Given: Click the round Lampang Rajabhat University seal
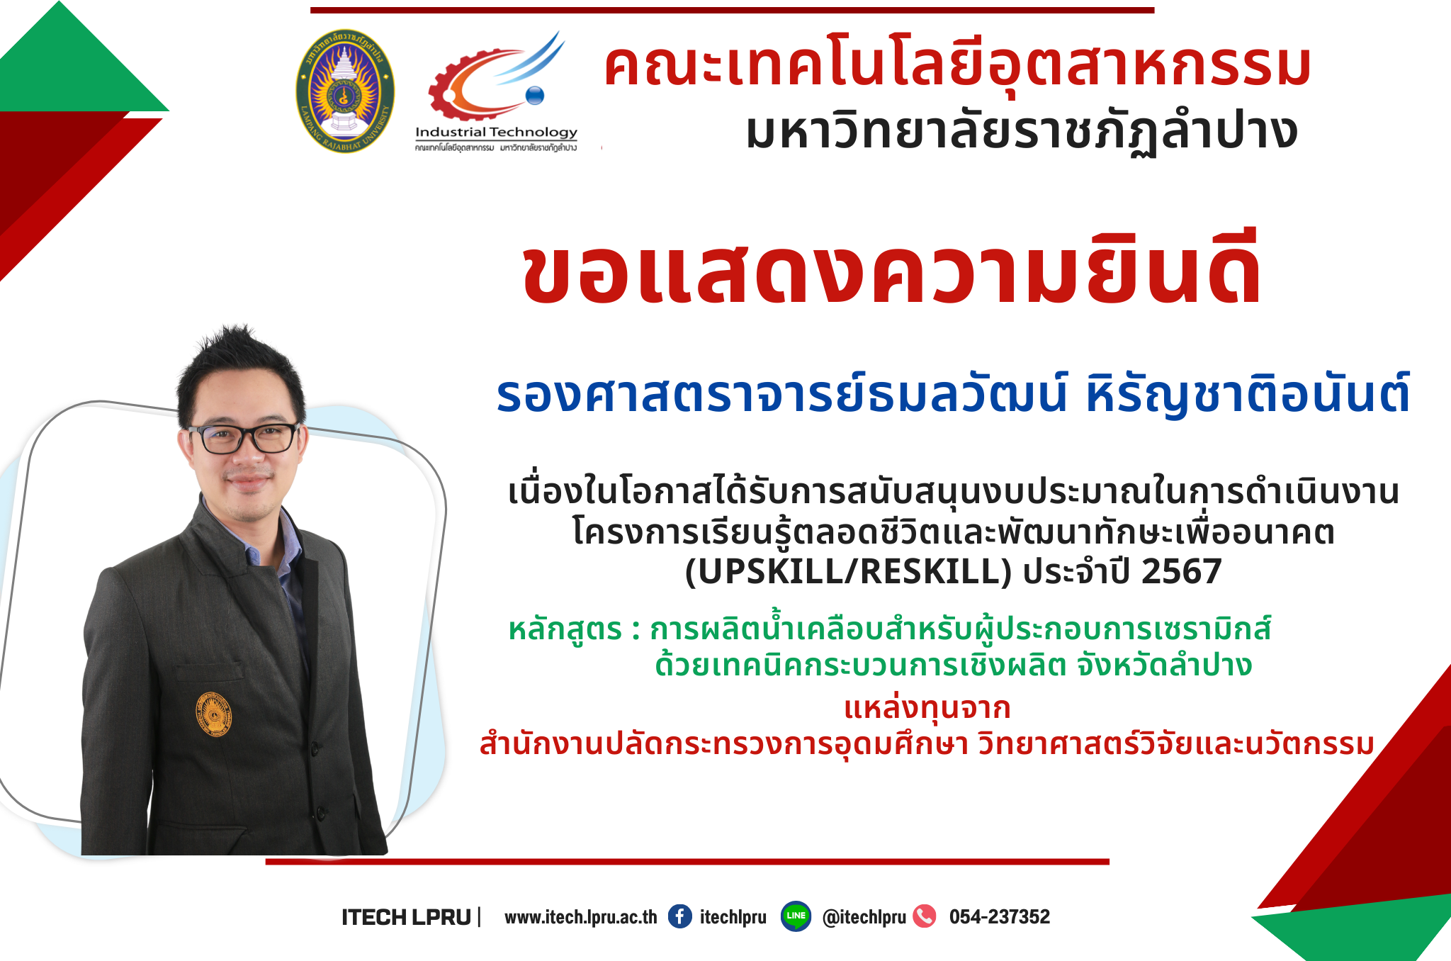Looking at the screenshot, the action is tap(345, 91).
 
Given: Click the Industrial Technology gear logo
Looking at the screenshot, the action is tap(496, 91).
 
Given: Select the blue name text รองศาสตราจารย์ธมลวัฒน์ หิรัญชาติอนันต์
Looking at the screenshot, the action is tap(953, 394).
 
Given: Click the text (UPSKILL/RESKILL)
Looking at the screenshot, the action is tap(848, 571).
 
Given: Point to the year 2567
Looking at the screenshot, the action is tap(1182, 571).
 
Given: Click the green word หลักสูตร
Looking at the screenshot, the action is tap(565, 629).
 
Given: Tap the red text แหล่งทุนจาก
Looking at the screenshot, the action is tap(927, 708).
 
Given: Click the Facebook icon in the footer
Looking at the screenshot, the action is tap(680, 916).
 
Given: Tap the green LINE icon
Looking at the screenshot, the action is tap(796, 916).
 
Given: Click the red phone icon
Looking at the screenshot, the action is tap(925, 916).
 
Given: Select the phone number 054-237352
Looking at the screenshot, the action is tap(1000, 917).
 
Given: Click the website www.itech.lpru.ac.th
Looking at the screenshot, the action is tap(580, 917).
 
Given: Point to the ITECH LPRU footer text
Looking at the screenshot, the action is tap(406, 917).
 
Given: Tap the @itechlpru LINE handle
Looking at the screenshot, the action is tap(864, 917).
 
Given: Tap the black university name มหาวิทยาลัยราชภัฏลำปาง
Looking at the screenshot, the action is tap(1022, 133).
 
